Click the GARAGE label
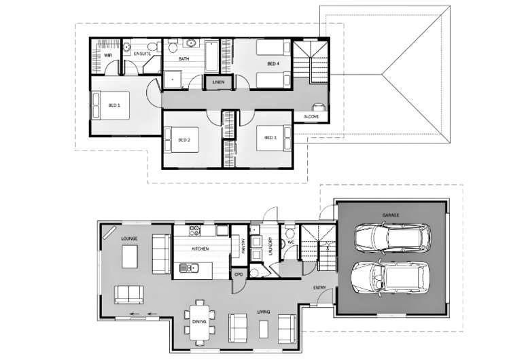pyautogui.click(x=390, y=215)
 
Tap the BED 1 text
pyautogui.click(x=114, y=105)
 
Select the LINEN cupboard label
pyautogui.click(x=218, y=82)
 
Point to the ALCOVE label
pyautogui.click(x=311, y=117)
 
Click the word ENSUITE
pyautogui.click(x=142, y=53)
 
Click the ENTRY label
pyautogui.click(x=319, y=287)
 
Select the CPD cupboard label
pyautogui.click(x=239, y=274)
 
